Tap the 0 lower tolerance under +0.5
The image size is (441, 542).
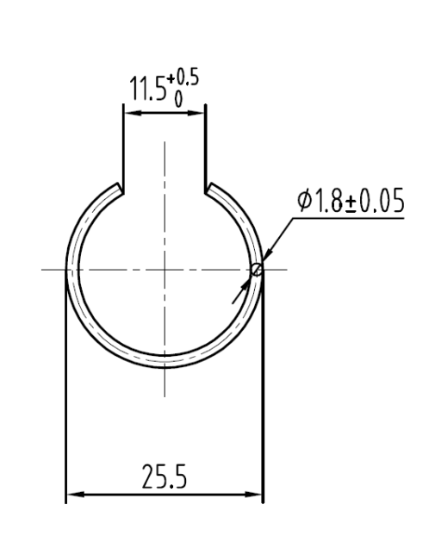(178, 98)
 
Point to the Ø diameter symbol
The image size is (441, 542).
(304, 202)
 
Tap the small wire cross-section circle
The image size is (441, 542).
(256, 271)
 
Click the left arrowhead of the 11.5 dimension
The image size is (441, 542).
(129, 110)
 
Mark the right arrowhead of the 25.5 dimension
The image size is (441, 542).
(255, 495)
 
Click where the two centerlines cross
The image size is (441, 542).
(164, 271)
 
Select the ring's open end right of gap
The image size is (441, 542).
(208, 187)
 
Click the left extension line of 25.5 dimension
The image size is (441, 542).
(65, 388)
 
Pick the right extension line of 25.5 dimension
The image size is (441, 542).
(262, 388)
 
